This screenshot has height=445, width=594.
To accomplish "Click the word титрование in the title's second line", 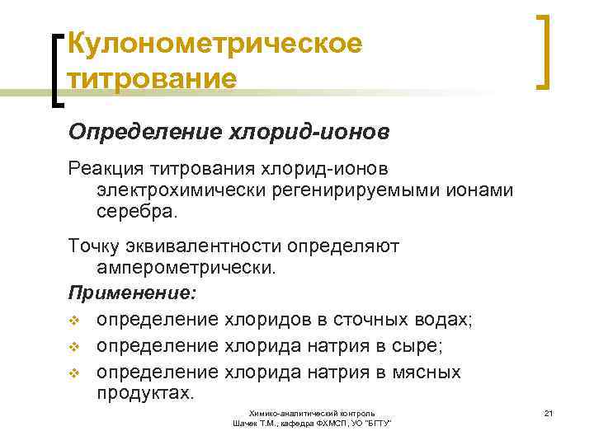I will pos(152,80).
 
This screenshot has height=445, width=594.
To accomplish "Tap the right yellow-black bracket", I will pos(544,51).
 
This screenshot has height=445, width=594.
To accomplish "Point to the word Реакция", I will pos(105,168).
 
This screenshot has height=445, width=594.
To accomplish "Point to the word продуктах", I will pos(144,394).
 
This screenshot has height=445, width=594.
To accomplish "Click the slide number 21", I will pos(548,411).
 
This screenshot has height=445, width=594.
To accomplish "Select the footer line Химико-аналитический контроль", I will pos(313,412).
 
